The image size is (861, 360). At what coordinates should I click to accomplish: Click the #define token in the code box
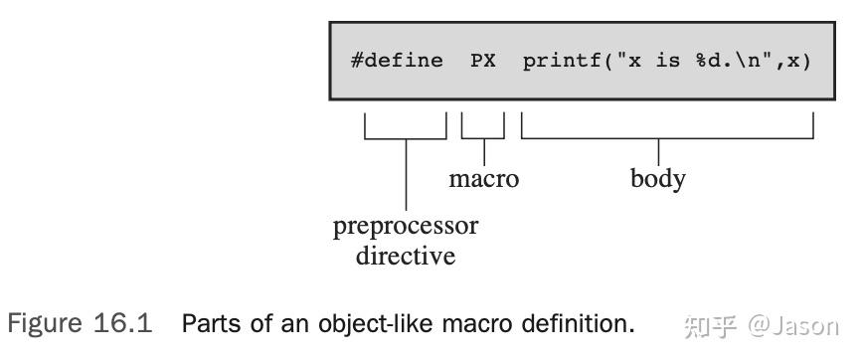pyautogui.click(x=397, y=60)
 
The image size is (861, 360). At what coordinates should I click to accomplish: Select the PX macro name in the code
pyautogui.click(x=483, y=60)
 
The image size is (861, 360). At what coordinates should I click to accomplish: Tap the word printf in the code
pyautogui.click(x=558, y=60)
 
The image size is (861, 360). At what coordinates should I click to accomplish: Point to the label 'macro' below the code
pyautogui.click(x=484, y=179)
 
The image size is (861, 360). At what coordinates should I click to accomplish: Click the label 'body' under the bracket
pyautogui.click(x=658, y=179)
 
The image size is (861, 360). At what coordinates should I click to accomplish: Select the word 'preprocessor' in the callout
pyautogui.click(x=406, y=226)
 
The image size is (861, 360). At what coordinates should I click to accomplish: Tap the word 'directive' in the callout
pyautogui.click(x=406, y=256)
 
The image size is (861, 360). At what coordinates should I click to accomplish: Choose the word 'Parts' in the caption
pyautogui.click(x=209, y=324)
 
